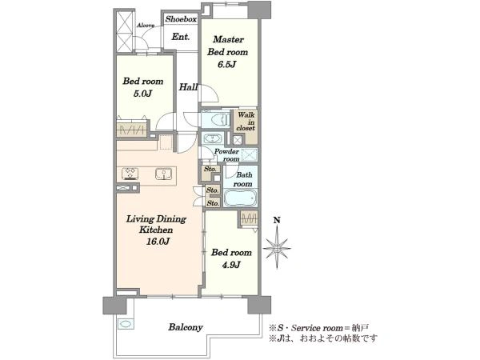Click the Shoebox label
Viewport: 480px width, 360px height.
(x=181, y=19)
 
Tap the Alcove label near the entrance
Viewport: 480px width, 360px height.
(x=146, y=26)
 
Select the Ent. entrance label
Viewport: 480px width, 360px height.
(x=181, y=37)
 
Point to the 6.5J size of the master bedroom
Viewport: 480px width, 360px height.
(x=227, y=64)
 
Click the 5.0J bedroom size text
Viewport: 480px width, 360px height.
(x=142, y=94)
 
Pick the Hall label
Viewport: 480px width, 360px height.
(x=188, y=87)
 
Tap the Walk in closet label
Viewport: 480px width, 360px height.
(x=246, y=122)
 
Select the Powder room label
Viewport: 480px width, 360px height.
(x=227, y=155)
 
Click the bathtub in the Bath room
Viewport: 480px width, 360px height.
(x=240, y=198)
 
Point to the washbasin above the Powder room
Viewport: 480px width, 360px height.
(x=212, y=138)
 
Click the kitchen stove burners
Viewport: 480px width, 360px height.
(x=130, y=174)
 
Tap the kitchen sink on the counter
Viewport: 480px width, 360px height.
(x=163, y=174)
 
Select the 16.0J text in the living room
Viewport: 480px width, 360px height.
(x=158, y=242)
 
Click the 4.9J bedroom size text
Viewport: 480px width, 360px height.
(x=231, y=265)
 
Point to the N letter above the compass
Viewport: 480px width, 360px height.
(x=277, y=220)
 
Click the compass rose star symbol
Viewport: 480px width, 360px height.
(x=277, y=248)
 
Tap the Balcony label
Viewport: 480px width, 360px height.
(x=186, y=327)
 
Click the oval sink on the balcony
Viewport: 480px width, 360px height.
(x=125, y=323)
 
